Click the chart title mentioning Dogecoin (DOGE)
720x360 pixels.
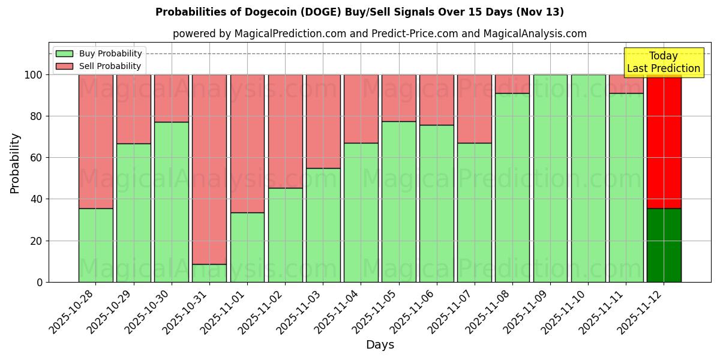coord(359,12)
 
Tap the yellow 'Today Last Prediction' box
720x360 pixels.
coord(663,62)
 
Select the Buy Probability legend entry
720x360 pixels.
coord(99,53)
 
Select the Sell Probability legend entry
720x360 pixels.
coord(99,66)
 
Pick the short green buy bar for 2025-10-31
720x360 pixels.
coord(209,273)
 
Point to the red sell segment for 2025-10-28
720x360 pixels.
coord(95,141)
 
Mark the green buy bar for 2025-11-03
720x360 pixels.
coord(323,225)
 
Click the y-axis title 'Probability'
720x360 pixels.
coord(15,163)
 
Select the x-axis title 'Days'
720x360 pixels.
coord(380,345)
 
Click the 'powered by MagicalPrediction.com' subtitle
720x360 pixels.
coord(379,34)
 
